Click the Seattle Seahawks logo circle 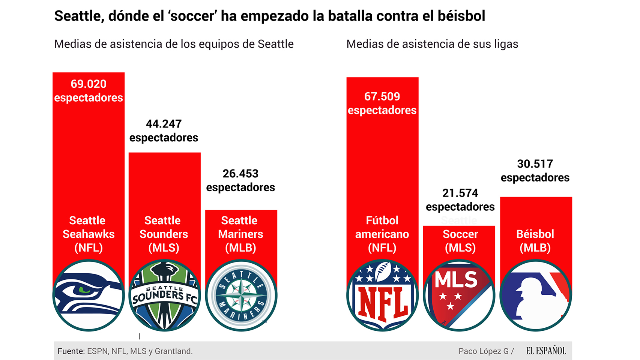[89, 295]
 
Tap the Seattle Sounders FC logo [165, 295]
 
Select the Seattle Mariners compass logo [241, 295]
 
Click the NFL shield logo [382, 295]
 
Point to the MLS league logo [459, 295]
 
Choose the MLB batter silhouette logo [536, 295]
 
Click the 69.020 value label [89, 84]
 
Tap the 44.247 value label [164, 124]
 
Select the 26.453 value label [240, 174]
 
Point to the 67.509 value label [382, 97]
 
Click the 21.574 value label [460, 193]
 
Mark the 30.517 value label [535, 164]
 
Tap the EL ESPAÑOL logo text [546, 351]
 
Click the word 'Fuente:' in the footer [71, 351]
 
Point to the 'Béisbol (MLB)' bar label [535, 241]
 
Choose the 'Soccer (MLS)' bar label [460, 241]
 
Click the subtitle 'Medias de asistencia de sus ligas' [432, 44]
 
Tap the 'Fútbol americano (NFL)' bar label [382, 234]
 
